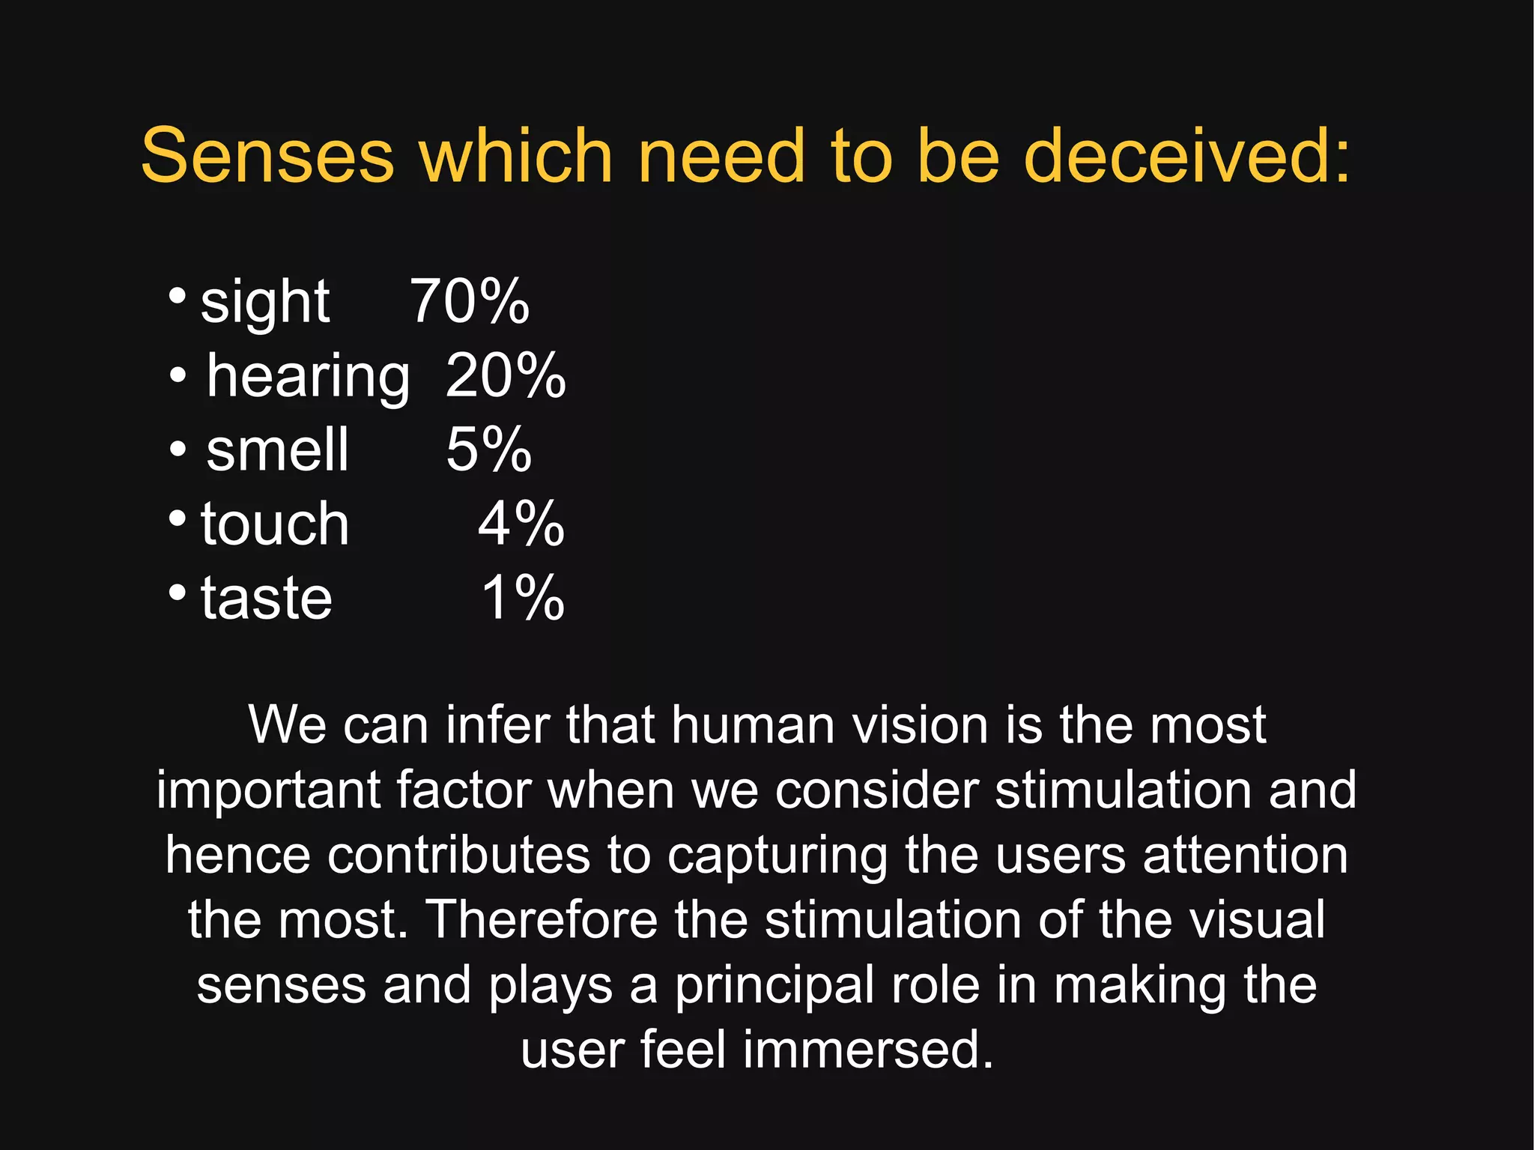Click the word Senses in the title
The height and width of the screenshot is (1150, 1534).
tap(267, 155)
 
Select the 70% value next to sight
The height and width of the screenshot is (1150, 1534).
tap(470, 301)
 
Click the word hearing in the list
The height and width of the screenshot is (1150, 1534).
tap(308, 377)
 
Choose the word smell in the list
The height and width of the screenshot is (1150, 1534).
tap(277, 450)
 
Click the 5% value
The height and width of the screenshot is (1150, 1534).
tap(488, 450)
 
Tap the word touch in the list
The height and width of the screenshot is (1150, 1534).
tap(275, 524)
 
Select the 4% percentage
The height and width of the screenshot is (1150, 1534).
tap(521, 524)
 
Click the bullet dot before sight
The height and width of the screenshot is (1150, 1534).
tap(178, 295)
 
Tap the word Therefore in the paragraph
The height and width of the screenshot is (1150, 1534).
tap(542, 919)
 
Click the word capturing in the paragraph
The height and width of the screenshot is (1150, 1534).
tap(777, 856)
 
